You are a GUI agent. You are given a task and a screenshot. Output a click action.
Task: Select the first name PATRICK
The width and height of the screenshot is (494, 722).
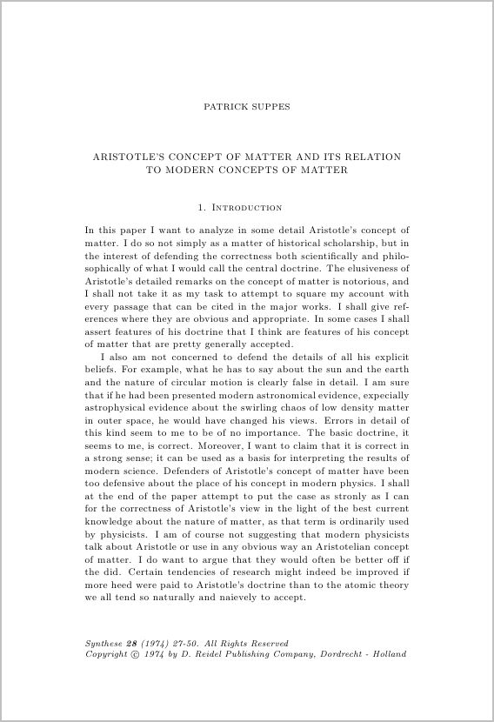tap(224, 108)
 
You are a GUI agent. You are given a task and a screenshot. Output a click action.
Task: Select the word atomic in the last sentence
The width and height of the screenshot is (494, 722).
tap(358, 585)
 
